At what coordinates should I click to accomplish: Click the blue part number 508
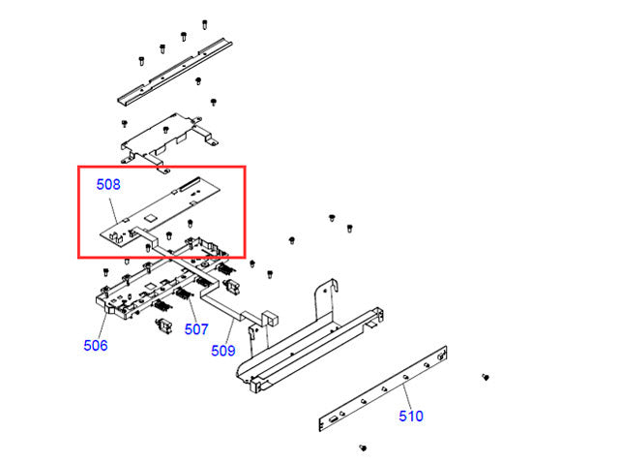(107, 183)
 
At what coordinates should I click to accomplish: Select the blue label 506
(96, 345)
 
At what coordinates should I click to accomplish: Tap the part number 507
(196, 329)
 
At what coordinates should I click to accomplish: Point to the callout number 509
(223, 351)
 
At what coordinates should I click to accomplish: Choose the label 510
(411, 417)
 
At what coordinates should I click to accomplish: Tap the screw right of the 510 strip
(486, 376)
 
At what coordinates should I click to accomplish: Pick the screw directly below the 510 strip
(362, 448)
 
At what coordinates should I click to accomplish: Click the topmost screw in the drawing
(205, 23)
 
